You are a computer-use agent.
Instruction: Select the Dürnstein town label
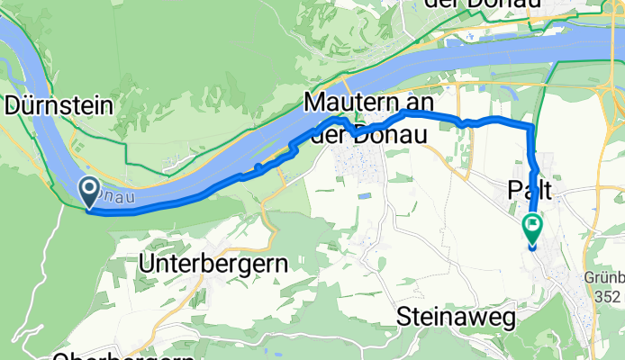click(59, 106)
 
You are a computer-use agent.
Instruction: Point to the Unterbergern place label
click(214, 265)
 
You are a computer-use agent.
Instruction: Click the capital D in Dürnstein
click(13, 106)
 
